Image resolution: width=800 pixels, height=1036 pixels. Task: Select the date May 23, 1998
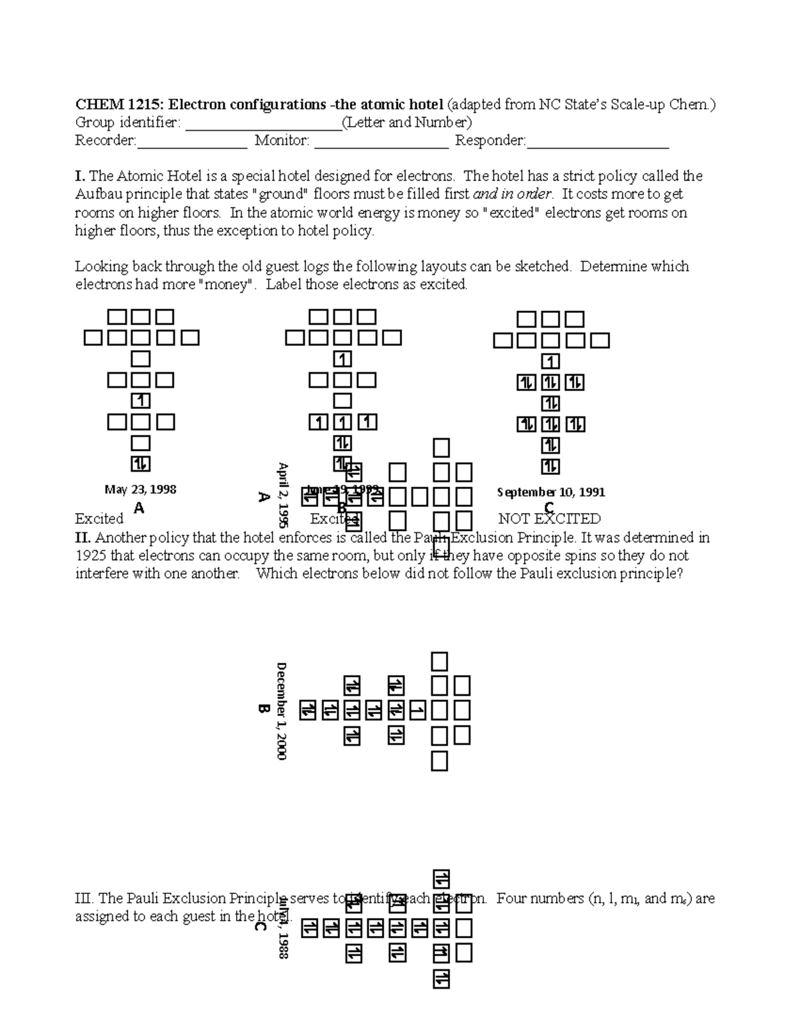(x=140, y=490)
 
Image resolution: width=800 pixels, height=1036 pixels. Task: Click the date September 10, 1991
(x=551, y=492)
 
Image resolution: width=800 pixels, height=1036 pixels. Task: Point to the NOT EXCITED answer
(x=549, y=519)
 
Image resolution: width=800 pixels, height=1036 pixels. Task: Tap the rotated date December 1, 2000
(x=281, y=711)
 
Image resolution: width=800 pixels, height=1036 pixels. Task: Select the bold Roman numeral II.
(x=82, y=538)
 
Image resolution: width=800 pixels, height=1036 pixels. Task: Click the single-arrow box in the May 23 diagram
(x=141, y=401)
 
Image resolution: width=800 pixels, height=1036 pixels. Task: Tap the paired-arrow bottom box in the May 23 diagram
(x=141, y=464)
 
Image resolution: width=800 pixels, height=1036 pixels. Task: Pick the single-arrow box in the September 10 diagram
(x=550, y=362)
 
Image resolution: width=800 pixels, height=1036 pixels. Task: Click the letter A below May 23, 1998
(x=139, y=508)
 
